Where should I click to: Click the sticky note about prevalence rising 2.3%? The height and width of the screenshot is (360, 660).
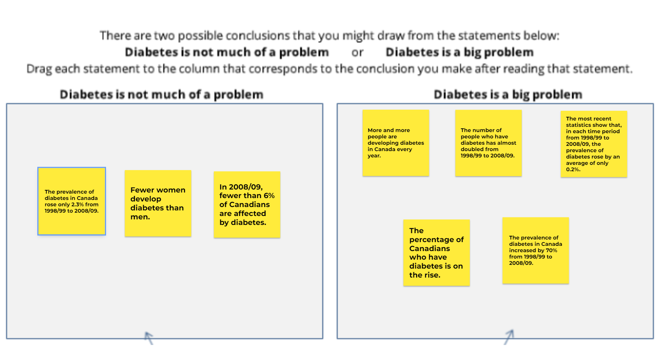(x=71, y=201)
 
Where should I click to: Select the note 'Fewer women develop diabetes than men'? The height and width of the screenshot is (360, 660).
(x=158, y=203)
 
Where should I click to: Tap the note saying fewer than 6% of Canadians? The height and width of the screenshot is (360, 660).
(x=247, y=204)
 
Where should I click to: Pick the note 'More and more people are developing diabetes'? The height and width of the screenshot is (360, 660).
(x=396, y=143)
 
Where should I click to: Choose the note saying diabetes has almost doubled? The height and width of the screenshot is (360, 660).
(x=488, y=143)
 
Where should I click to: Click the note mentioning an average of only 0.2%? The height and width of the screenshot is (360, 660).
(x=594, y=144)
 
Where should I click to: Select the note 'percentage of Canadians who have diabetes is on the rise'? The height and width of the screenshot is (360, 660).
(x=436, y=253)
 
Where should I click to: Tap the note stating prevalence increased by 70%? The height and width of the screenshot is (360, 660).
(x=535, y=250)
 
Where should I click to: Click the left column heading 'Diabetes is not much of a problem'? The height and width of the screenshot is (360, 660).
(x=162, y=95)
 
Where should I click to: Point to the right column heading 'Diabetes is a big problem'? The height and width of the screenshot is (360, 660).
(x=508, y=95)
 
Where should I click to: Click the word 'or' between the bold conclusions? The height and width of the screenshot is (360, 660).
(x=357, y=53)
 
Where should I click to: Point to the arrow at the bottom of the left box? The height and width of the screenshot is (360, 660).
(x=149, y=337)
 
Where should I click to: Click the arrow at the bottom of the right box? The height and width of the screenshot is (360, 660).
(x=509, y=336)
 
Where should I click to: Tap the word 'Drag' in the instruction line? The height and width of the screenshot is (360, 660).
(x=39, y=69)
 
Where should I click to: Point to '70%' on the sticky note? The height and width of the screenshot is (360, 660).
(x=551, y=250)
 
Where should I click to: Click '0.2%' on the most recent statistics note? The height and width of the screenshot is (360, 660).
(x=573, y=169)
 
